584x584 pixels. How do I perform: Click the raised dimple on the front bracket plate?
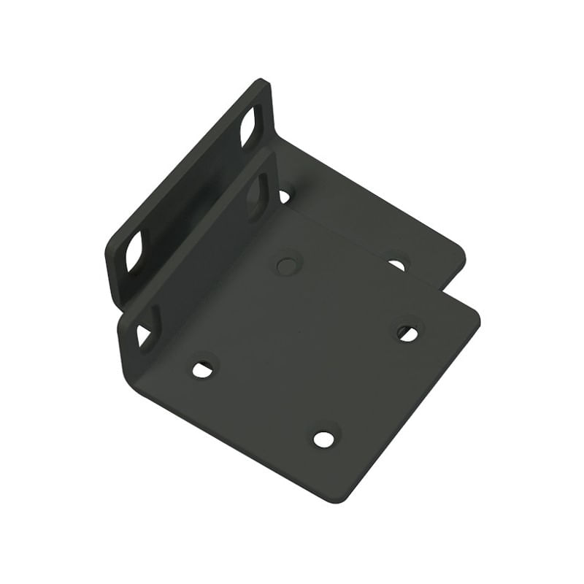pos(287,262)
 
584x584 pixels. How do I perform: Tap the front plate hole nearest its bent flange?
pos(203,369)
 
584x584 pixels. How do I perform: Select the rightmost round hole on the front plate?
pos(407,333)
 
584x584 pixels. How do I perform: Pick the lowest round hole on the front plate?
pos(323,439)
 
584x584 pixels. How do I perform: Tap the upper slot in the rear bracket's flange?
pos(248,126)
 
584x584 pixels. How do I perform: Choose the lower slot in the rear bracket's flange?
pos(134,253)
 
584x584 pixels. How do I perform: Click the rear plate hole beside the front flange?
pos(284,195)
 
